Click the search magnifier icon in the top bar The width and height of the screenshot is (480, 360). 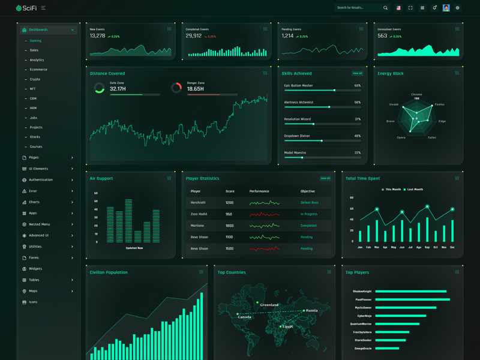coord(385,8)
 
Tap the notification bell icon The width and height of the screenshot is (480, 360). coord(434,8)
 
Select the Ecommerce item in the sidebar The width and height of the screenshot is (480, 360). coord(38,70)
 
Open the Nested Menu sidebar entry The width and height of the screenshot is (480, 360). coord(40,224)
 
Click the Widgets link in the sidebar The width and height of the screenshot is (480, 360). coord(35,269)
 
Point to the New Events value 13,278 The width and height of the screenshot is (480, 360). coord(97,36)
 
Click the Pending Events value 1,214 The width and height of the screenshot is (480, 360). coord(287,36)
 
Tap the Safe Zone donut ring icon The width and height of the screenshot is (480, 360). coord(100,88)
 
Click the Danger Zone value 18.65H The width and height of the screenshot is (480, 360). coord(196,89)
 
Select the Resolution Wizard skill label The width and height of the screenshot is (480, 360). coord(297,119)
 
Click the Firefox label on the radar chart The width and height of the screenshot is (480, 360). coord(440,104)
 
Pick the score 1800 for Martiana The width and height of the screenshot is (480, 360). coord(229,226)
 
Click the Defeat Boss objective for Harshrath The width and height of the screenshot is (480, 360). coord(310,203)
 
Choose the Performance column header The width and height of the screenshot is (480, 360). coord(259,191)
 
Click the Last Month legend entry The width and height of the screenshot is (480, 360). coord(413,190)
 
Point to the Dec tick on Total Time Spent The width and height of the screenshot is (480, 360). coord(452,247)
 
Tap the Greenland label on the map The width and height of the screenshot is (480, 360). coord(269,305)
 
